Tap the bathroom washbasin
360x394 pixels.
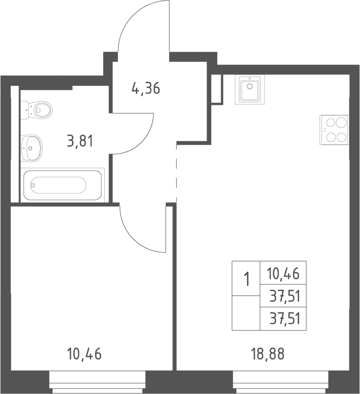coord(31,148)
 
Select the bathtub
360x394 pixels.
coord(62,185)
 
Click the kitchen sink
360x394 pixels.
coord(249,89)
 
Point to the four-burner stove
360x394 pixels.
coord(334,130)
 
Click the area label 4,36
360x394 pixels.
coord(146,88)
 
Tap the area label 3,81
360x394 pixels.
coord(80,141)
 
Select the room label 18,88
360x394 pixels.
coord(267,354)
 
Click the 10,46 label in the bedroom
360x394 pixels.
coord(84,354)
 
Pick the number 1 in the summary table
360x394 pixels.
coord(247,279)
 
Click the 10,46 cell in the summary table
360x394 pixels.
coord(283,274)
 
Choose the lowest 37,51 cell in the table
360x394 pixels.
coord(283,318)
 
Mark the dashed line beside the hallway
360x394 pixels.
coord(177,174)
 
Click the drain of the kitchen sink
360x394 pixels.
coord(249,86)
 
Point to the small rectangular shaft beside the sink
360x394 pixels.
coord(217,89)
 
